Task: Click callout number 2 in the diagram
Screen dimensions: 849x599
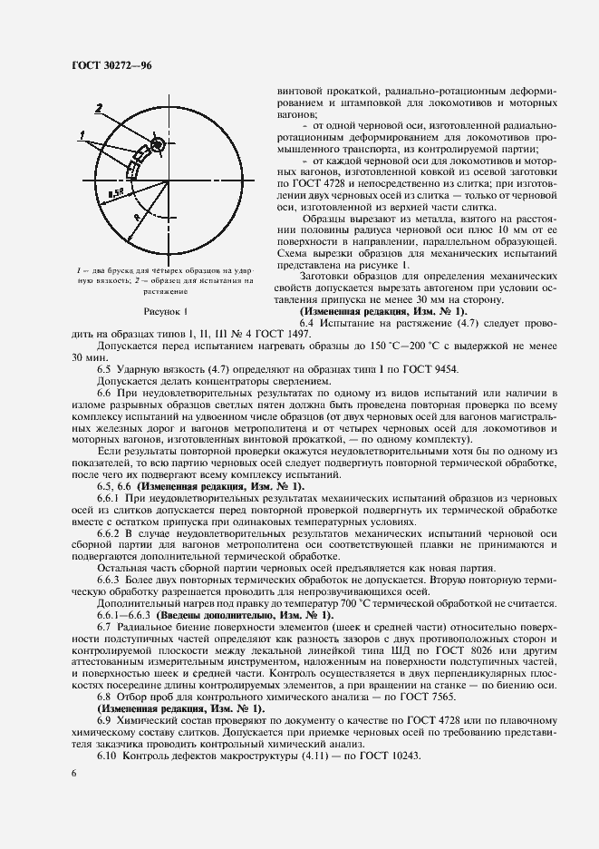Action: tap(99, 109)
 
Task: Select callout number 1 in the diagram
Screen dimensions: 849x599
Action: tap(82, 135)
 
